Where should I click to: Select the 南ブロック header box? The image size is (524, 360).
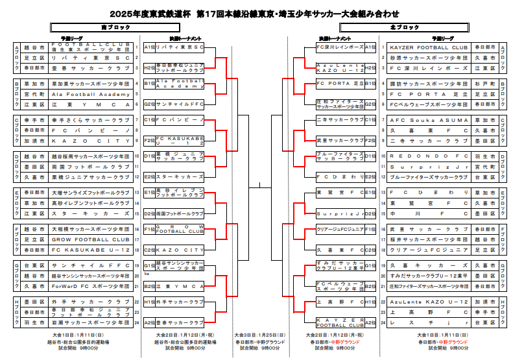[107, 27]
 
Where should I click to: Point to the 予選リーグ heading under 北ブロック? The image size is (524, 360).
[443, 38]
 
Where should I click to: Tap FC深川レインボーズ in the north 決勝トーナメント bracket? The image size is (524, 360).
[339, 47]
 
